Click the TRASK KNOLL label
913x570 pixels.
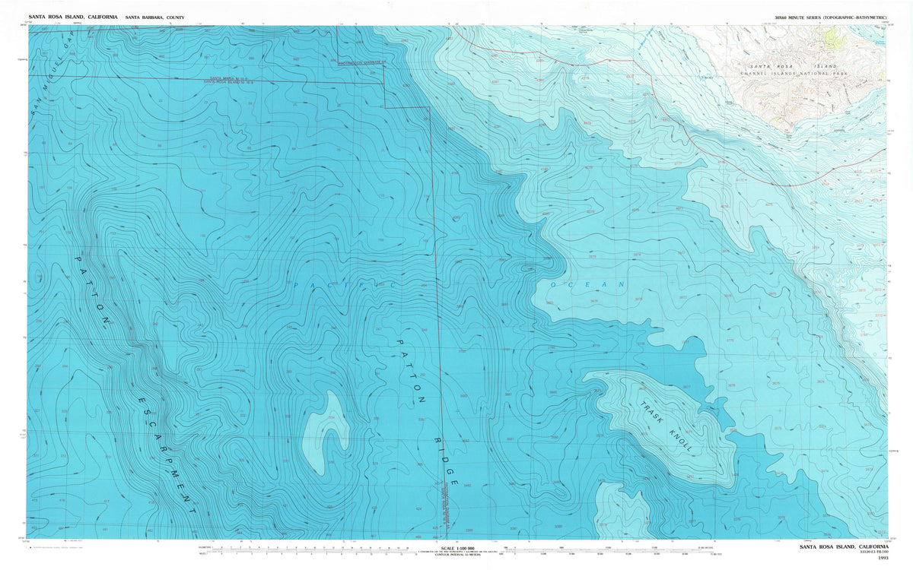click(666, 427)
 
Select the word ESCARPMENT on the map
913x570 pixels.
click(168, 456)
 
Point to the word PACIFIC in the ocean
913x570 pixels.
click(342, 284)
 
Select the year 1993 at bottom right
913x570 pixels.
click(882, 559)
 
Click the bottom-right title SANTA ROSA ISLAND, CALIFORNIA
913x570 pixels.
click(844, 547)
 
